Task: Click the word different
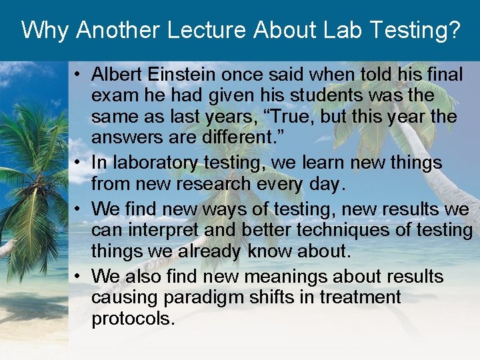pyautogui.click(x=247, y=139)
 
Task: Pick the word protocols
pyautogui.click(x=133, y=319)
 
